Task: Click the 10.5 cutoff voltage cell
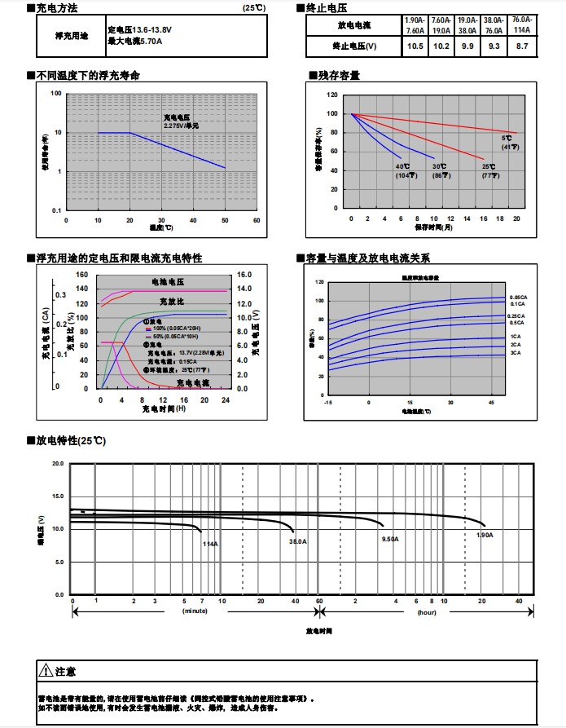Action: [x=415, y=46]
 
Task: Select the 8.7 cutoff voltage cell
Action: [x=522, y=46]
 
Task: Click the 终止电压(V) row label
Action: [x=354, y=46]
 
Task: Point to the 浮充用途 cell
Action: [x=72, y=36]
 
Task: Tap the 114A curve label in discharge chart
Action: [x=210, y=543]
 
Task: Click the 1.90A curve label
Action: [x=485, y=535]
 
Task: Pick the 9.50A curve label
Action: [x=390, y=539]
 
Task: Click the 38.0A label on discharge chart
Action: [x=298, y=540]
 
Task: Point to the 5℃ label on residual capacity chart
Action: [x=507, y=138]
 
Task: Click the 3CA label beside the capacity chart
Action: [x=516, y=353]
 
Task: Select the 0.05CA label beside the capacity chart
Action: [x=518, y=297]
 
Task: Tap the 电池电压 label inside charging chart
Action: [x=167, y=281]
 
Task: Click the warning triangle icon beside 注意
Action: [x=46, y=671]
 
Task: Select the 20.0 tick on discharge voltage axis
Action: [x=57, y=463]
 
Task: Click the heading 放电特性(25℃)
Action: [x=72, y=440]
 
